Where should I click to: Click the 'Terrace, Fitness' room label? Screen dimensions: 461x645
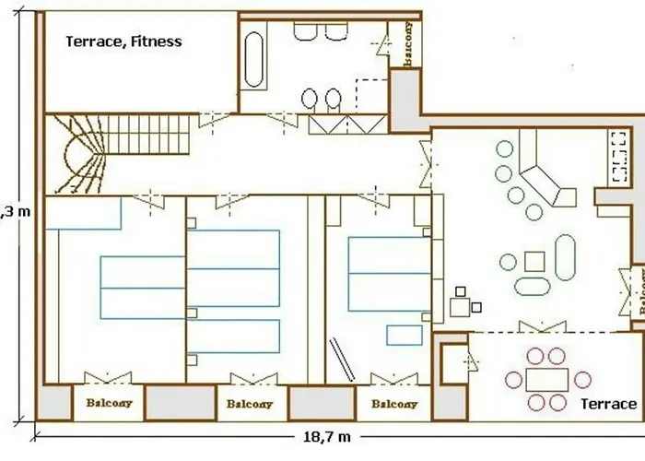coord(123,41)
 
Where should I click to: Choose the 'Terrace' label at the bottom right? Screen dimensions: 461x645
coord(608,404)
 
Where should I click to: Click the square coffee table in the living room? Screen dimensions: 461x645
coord(534,261)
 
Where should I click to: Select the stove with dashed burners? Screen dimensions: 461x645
coord(615,157)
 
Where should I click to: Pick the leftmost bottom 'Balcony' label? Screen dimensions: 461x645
coord(109,403)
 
